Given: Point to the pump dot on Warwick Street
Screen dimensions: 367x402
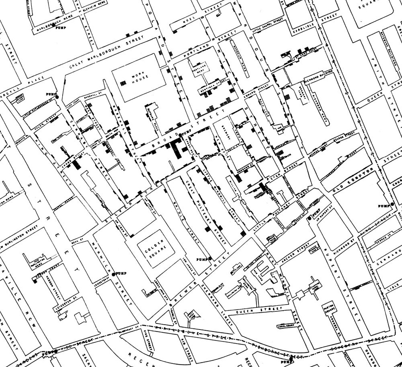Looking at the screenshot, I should click(113, 274).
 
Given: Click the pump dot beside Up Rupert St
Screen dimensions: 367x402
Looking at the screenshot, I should click(310, 218).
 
